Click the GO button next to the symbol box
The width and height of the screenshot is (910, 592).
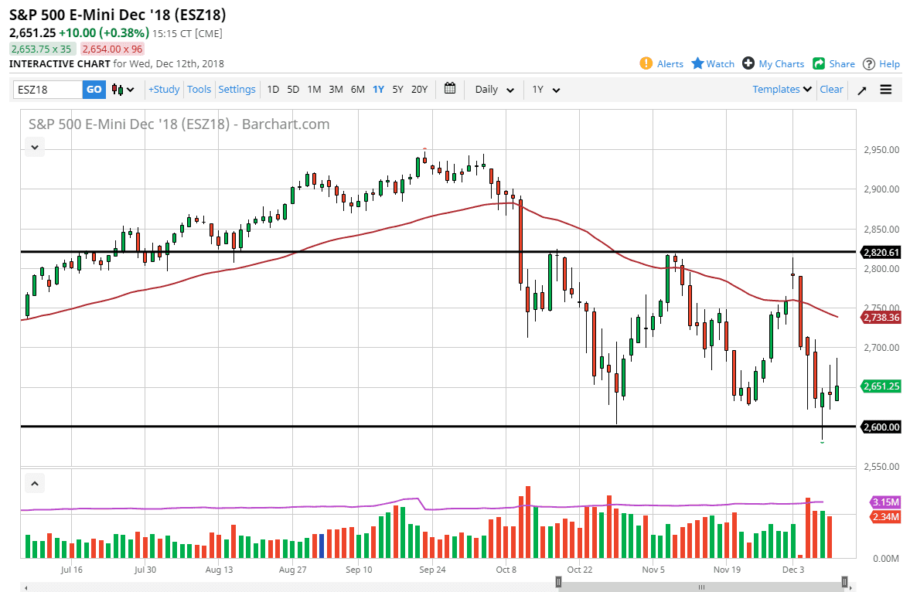[94, 90]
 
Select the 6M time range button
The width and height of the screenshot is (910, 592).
[357, 90]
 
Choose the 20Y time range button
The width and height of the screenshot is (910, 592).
[419, 90]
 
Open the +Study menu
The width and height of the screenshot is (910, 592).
[164, 90]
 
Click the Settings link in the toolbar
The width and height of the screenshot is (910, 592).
[237, 90]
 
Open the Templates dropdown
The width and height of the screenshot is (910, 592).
[782, 90]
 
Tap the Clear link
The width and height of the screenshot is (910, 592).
[831, 90]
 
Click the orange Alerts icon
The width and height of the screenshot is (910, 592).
[646, 63]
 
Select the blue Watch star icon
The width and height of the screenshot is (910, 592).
[697, 63]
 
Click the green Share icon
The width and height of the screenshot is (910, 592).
[819, 63]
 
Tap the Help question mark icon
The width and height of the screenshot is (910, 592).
[869, 63]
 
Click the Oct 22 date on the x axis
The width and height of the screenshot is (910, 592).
[579, 570]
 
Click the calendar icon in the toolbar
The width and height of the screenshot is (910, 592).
[451, 89]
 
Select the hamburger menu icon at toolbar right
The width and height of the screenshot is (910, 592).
[886, 90]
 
